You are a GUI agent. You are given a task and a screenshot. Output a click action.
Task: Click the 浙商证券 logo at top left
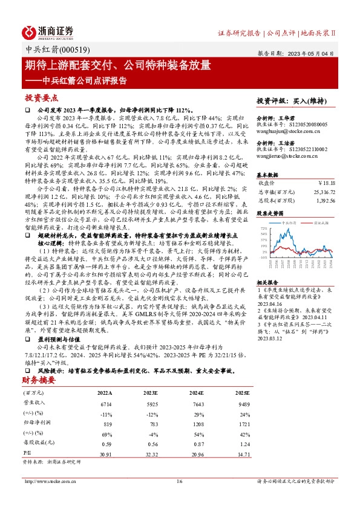point(48,31)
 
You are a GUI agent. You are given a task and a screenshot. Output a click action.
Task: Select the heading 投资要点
point(41,97)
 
